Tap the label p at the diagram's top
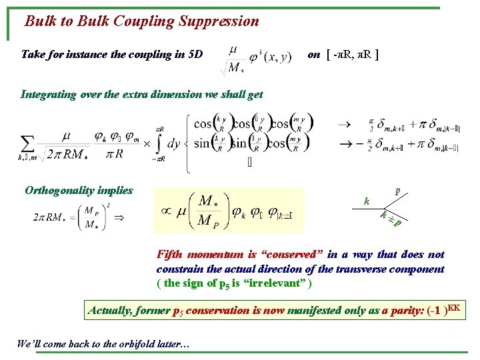click(398, 191)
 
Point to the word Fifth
click(169, 255)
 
